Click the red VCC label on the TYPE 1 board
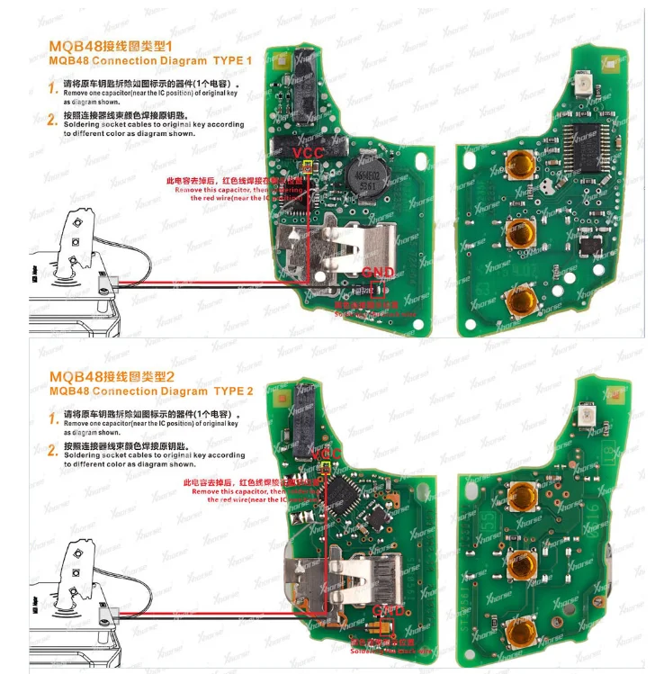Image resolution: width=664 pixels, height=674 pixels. coord(309,155)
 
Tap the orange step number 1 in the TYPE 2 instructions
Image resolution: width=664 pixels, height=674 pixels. coord(51,417)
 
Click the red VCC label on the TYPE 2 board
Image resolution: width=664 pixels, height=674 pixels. coord(329,455)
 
